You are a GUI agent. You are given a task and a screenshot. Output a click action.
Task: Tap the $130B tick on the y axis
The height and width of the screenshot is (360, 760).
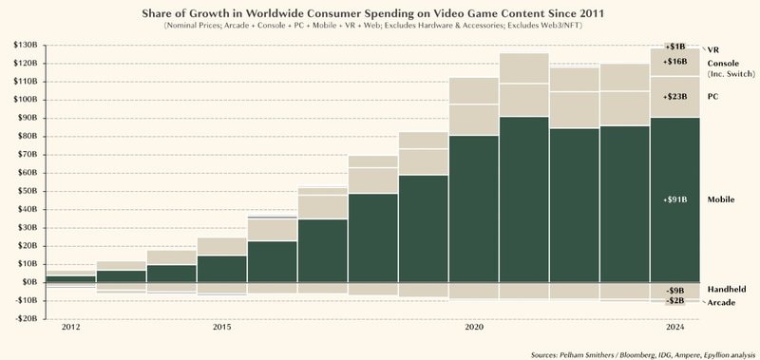[23, 45]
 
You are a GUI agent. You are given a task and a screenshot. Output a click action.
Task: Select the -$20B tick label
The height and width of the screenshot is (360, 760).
[23, 318]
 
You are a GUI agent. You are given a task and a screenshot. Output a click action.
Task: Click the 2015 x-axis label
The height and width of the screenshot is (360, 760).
[221, 328]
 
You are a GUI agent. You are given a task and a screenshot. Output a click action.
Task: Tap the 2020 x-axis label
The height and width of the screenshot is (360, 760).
[472, 328]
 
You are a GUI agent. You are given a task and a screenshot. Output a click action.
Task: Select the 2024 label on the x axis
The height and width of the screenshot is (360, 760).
[674, 328]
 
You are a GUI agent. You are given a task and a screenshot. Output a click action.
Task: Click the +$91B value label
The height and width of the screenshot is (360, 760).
[675, 200]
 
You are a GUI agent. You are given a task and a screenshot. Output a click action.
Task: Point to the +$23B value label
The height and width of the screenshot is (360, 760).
[675, 97]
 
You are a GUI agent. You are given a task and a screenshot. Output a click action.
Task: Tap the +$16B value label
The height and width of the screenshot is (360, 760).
[675, 61]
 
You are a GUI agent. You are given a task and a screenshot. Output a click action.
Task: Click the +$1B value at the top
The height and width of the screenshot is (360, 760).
[675, 46]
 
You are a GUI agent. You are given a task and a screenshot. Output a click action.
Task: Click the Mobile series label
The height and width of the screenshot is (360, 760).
[724, 200]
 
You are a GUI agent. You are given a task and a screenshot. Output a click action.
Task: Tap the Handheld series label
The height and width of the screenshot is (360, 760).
[727, 289]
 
